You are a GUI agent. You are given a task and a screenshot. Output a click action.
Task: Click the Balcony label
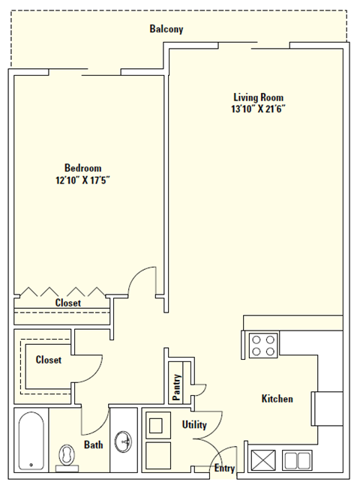(x=166, y=29)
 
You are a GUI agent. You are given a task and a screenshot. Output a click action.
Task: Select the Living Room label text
(x=259, y=97)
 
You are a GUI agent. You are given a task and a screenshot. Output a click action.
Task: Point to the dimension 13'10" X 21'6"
(x=259, y=109)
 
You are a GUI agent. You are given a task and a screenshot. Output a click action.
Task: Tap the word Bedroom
(x=82, y=168)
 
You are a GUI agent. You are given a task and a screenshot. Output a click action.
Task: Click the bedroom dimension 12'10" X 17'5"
(x=82, y=180)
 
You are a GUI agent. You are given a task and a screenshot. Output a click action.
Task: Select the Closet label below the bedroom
(x=67, y=303)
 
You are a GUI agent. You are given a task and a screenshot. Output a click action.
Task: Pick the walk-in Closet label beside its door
(x=48, y=360)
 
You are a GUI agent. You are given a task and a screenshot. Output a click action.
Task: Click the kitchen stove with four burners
(x=263, y=346)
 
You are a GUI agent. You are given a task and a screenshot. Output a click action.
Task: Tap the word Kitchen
(x=277, y=399)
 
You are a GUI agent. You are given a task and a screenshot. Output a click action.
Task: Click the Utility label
(x=194, y=425)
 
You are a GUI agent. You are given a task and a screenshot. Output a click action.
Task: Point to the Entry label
(x=224, y=469)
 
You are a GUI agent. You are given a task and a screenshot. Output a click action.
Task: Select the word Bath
(x=94, y=445)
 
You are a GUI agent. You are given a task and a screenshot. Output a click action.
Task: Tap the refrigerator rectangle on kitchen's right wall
(x=328, y=409)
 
